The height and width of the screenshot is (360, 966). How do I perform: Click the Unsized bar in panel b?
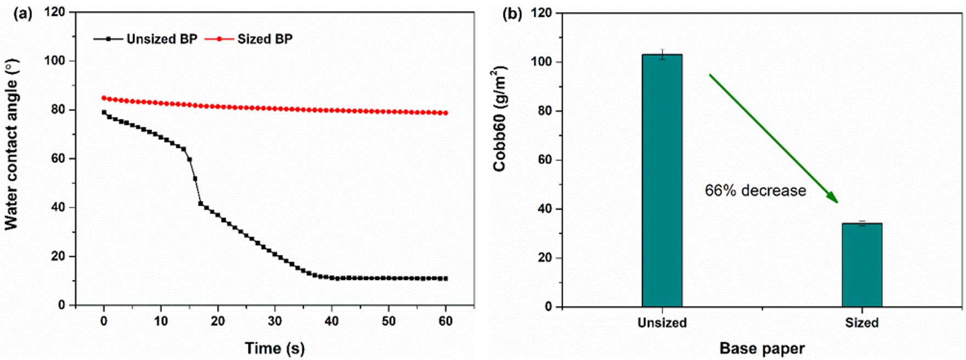coord(662,181)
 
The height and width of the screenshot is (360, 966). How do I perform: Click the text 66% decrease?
coord(755,190)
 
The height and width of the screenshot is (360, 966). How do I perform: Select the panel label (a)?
coord(22,14)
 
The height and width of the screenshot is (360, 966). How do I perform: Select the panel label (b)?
coord(512,14)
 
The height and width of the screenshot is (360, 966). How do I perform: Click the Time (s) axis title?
coord(274,348)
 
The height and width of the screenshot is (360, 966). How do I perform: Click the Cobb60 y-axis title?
coord(500,119)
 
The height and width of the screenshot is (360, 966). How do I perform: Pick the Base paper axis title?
coord(762,348)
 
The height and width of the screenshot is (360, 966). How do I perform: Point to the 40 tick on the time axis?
coord(331,321)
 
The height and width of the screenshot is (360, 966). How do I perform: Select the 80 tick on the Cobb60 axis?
coord(543,111)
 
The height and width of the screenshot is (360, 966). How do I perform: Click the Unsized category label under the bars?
coord(662,323)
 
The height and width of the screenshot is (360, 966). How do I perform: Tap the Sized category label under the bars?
coord(862,323)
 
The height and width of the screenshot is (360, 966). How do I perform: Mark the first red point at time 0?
coord(104,98)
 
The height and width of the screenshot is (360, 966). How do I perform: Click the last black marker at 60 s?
coord(445,279)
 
